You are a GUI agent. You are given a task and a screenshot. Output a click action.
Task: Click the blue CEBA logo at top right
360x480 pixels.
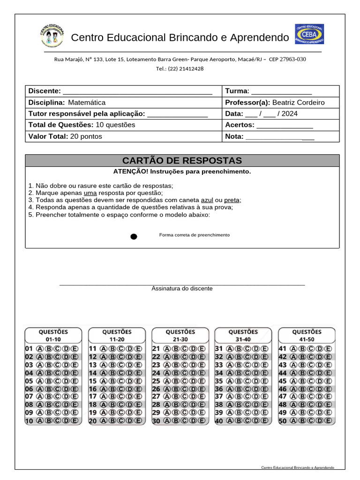coord(309,34)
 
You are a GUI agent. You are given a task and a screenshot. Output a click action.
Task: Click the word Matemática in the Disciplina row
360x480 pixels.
coord(87,102)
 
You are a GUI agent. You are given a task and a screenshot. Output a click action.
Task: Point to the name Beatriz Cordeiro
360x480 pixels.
coord(298,102)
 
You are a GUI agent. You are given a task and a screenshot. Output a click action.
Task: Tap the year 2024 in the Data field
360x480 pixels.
coord(289,113)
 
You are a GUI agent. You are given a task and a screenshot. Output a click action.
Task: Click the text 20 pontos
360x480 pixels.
coord(86,136)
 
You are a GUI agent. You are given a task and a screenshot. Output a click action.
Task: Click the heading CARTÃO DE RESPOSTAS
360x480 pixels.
coord(182,160)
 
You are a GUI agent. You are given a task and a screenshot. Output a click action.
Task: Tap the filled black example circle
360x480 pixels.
coord(134,236)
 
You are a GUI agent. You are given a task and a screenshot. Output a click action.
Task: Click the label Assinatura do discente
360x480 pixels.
coord(182,288)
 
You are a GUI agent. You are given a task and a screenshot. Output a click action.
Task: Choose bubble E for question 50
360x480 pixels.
coord(329,421)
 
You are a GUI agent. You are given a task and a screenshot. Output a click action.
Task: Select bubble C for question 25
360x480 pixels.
coord(184,381)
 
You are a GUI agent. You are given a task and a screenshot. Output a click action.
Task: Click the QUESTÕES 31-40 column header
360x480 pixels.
coord(243,335)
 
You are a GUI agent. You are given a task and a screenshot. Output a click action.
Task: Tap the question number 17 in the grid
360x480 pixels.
coord(92,397)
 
